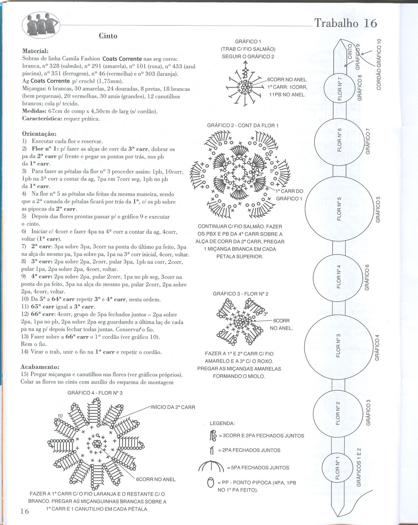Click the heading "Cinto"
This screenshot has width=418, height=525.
coord(108,36)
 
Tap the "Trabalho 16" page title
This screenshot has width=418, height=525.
coord(346,23)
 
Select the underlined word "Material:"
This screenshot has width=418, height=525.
coord(35,51)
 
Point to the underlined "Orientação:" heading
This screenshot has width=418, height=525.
coord(39,134)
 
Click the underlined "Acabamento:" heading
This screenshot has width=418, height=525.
coord(40,367)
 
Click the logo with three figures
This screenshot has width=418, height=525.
coord(41,25)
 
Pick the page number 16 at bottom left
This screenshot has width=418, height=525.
coord(25,511)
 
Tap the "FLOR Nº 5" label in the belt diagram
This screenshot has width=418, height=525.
coord(339,209)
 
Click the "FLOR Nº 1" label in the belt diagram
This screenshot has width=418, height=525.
coord(337,468)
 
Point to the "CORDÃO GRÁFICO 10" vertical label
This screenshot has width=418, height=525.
coord(379,64)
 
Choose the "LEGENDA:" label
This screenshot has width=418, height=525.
coord(222,423)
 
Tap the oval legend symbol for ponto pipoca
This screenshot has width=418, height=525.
coord(210,483)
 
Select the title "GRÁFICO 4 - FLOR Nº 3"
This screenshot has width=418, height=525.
coord(95,393)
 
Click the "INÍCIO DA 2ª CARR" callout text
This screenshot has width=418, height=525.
coord(173,407)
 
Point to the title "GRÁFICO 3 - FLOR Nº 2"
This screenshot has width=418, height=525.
coord(241,294)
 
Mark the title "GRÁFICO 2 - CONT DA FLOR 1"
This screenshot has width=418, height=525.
coord(243,126)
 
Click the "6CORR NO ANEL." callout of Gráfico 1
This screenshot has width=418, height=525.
coord(287,80)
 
